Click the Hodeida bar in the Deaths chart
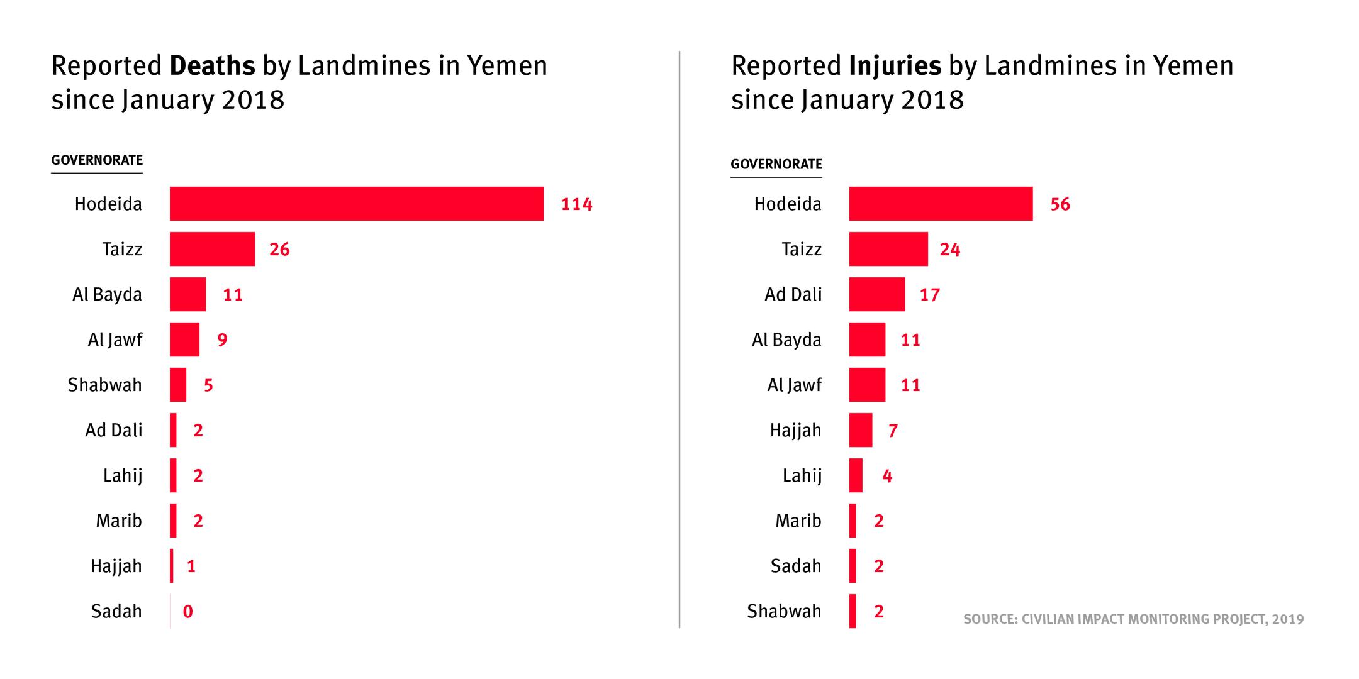pyautogui.click(x=356, y=204)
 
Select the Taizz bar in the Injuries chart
pyautogui.click(x=888, y=249)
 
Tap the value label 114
pyautogui.click(x=576, y=204)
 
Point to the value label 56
pyautogui.click(x=1060, y=204)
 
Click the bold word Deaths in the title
pyautogui.click(x=213, y=66)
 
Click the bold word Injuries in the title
pyautogui.click(x=895, y=66)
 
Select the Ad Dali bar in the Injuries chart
pyautogui.click(x=876, y=294)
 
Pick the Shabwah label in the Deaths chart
pyautogui.click(x=104, y=385)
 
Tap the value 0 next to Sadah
pyautogui.click(x=187, y=611)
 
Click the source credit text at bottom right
pyautogui.click(x=1133, y=619)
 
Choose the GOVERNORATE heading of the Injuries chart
pyautogui.click(x=776, y=164)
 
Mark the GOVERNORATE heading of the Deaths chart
pyautogui.click(x=97, y=160)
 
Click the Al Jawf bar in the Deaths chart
pyautogui.click(x=184, y=339)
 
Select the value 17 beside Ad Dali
pyautogui.click(x=929, y=295)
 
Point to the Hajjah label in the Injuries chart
pyautogui.click(x=795, y=430)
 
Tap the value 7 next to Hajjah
pyautogui.click(x=893, y=431)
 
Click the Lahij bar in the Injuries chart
pyautogui.click(x=856, y=475)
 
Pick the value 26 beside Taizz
pyautogui.click(x=279, y=250)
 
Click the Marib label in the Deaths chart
pyautogui.click(x=119, y=521)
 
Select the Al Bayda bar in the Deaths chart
pyautogui.click(x=187, y=294)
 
